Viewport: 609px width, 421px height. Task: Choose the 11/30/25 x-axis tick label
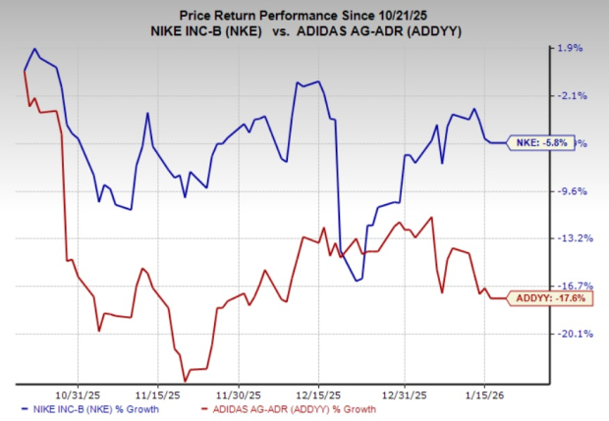[240, 387]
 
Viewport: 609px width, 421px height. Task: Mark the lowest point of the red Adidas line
[185, 381]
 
